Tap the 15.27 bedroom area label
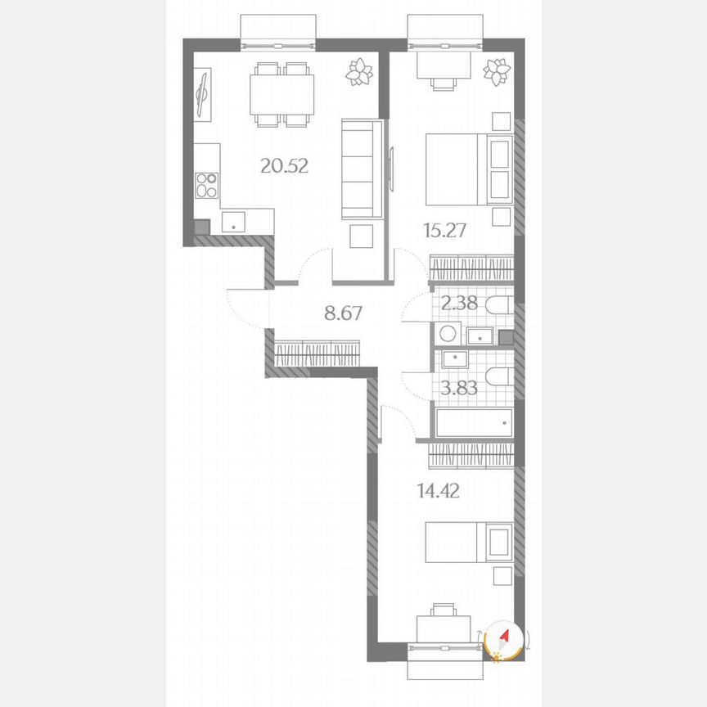tap(445, 230)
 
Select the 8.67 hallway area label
tap(343, 312)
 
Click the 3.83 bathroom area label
tap(459, 387)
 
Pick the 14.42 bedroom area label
tap(439, 491)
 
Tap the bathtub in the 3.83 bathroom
tap(474, 423)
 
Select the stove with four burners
tap(207, 185)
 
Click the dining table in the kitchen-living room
tap(282, 93)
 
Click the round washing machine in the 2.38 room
tap(447, 333)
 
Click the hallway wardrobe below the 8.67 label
tap(317, 353)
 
